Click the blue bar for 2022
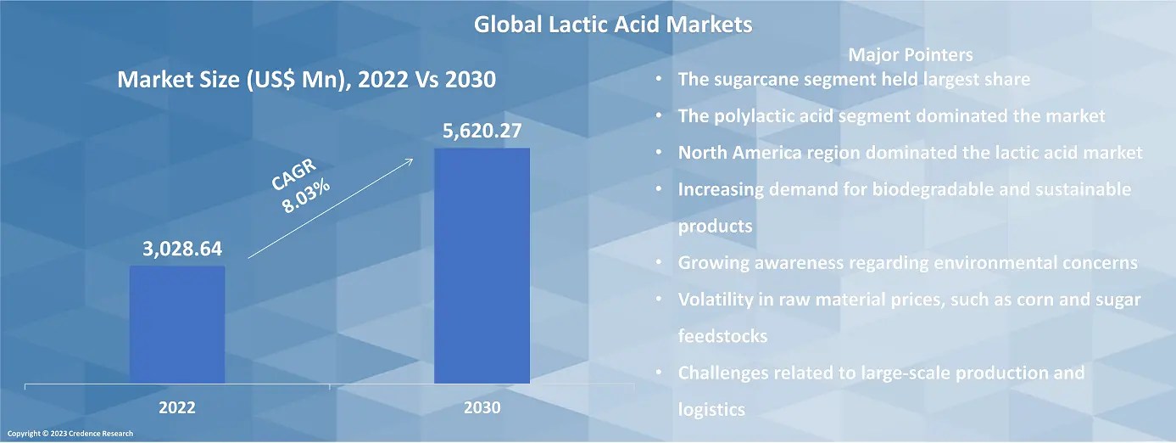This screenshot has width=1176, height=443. (x=177, y=324)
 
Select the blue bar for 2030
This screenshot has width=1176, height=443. (x=482, y=266)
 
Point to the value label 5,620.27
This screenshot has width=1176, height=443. (x=482, y=132)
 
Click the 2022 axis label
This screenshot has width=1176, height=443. (x=177, y=408)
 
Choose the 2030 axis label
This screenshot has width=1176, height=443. (x=482, y=408)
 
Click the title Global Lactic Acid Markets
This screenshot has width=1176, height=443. (x=612, y=25)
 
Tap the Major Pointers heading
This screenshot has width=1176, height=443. (x=910, y=55)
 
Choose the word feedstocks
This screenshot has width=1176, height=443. (x=722, y=336)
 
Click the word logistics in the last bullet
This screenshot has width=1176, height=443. (x=711, y=410)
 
